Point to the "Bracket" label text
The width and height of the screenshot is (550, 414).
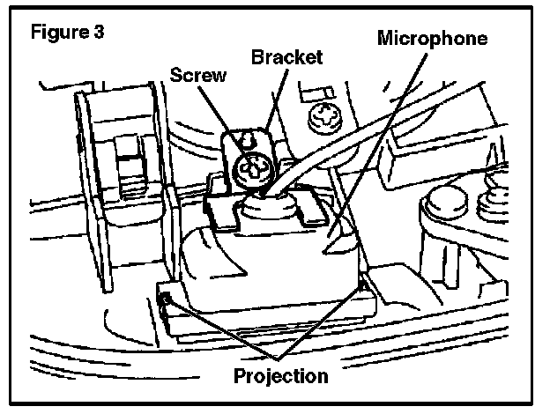tap(286, 59)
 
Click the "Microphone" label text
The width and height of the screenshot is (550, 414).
tap(432, 39)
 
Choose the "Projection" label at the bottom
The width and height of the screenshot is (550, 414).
tap(281, 375)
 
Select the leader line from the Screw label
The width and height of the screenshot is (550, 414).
tap(225, 115)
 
